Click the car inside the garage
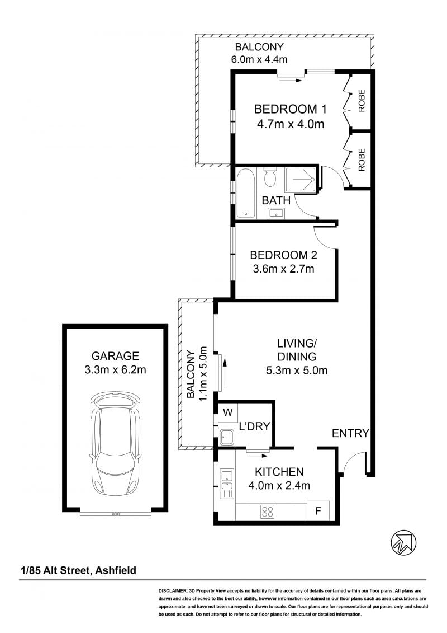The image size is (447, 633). (x=115, y=443)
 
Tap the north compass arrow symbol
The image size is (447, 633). (x=403, y=542)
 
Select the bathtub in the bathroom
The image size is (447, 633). (x=245, y=194)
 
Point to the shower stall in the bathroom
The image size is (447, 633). (x=301, y=180)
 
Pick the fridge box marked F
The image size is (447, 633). (x=318, y=510)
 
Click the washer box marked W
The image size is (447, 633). (x=228, y=412)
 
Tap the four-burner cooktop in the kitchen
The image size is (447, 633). (x=267, y=512)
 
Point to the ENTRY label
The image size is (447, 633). (x=350, y=433)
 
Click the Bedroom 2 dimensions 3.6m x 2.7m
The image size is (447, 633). (x=283, y=269)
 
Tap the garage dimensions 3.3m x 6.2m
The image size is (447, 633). (x=115, y=369)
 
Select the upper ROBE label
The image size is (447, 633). (x=362, y=101)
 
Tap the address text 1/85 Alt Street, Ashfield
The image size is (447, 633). (x=79, y=570)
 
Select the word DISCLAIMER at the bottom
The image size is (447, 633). (x=173, y=591)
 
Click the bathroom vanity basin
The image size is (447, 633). (x=276, y=213)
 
